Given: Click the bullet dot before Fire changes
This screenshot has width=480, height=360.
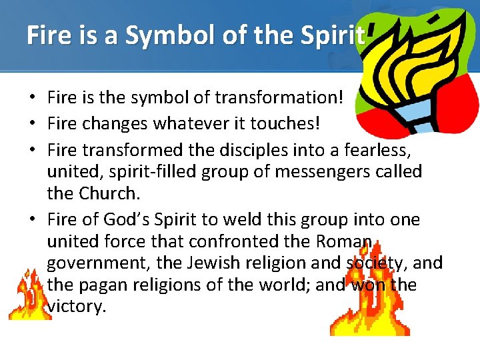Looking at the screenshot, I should [x=32, y=123].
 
